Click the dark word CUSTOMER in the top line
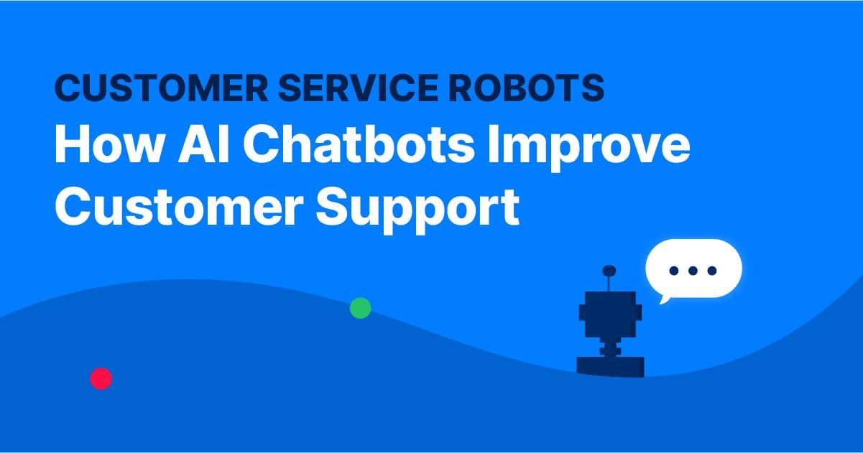click(x=162, y=88)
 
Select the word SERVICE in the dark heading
click(x=359, y=88)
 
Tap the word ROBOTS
click(x=526, y=88)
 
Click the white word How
click(x=109, y=144)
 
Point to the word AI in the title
click(x=204, y=144)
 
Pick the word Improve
click(x=589, y=148)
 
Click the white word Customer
click(x=179, y=207)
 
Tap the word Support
click(x=417, y=210)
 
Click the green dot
click(x=360, y=308)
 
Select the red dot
click(x=101, y=379)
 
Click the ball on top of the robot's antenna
click(x=609, y=271)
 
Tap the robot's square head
click(x=610, y=314)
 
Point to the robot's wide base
click(x=610, y=366)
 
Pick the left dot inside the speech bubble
click(x=674, y=271)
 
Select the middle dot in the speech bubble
click(x=693, y=271)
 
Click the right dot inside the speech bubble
click(x=712, y=271)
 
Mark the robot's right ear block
click(x=639, y=312)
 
